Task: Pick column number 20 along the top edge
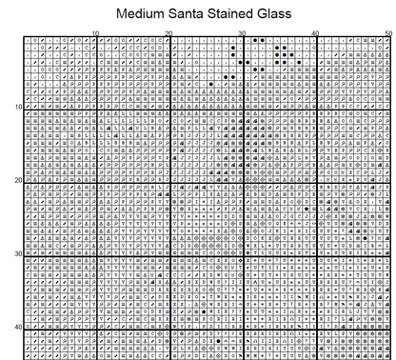tap(168, 33)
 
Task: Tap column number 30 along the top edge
tap(243, 33)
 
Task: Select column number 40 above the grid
tap(316, 33)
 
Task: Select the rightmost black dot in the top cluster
tap(299, 63)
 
